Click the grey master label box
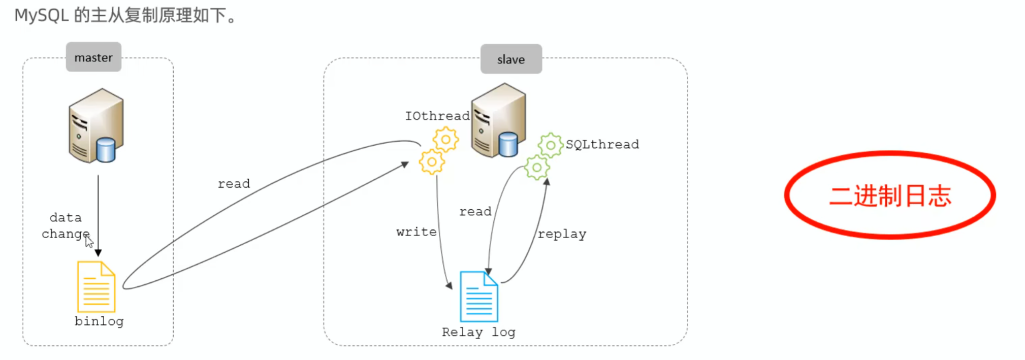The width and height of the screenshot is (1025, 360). click(x=93, y=57)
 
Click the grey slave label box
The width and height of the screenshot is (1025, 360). click(x=511, y=59)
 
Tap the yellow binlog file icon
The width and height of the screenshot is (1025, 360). click(x=96, y=287)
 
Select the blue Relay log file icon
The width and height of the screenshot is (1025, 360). click(x=478, y=297)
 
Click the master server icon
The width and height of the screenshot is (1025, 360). click(x=97, y=126)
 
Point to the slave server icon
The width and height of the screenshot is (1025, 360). click(x=498, y=121)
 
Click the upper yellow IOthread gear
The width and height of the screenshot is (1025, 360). click(x=445, y=139)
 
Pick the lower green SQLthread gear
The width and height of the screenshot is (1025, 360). click(x=537, y=168)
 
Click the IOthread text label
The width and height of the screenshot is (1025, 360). click(x=437, y=116)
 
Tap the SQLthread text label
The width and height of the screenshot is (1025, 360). click(x=602, y=144)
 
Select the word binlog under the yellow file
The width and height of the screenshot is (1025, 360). click(x=99, y=321)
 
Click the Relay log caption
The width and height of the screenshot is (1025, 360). click(x=478, y=332)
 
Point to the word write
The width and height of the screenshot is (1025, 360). click(x=417, y=232)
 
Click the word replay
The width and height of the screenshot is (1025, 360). click(x=562, y=234)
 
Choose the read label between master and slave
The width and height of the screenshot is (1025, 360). click(x=234, y=184)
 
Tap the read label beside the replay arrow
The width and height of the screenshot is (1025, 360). click(x=475, y=212)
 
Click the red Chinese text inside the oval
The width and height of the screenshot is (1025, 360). click(x=890, y=195)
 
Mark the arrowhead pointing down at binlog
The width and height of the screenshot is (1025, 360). click(x=98, y=252)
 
